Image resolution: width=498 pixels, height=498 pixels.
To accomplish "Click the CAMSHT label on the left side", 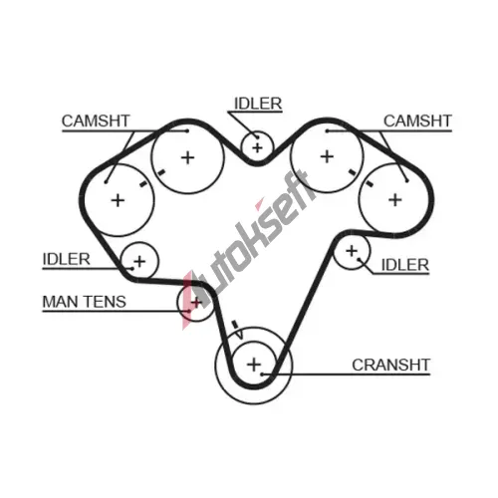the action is point(96,121).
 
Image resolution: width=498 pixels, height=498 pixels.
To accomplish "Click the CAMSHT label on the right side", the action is point(417,121).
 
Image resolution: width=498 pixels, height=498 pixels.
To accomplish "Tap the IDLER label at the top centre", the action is point(258,104).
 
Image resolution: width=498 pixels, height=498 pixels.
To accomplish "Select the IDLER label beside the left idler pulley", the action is point(67,259).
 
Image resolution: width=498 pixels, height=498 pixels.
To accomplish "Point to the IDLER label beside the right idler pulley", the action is point(405,265).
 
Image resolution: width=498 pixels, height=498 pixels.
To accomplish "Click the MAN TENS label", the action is point(85,302).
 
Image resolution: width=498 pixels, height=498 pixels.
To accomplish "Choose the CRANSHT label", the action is point(391,365).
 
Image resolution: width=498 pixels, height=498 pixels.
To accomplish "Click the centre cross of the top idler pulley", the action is point(257,147).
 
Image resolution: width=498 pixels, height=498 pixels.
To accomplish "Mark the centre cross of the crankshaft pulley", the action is point(254,365).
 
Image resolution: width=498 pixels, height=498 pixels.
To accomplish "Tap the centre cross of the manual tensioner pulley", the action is point(196,303).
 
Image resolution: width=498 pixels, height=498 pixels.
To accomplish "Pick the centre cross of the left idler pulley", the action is point(139,262).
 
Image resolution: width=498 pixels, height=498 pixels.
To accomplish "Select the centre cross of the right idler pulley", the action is point(352,251).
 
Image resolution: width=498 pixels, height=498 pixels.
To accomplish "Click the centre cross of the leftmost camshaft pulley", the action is point(118,200).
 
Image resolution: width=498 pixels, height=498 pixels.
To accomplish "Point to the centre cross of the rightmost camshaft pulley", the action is point(395,200).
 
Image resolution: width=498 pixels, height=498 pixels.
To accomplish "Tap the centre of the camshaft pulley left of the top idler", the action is point(188,157).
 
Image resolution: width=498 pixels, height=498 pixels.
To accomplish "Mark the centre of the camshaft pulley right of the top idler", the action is point(327,156).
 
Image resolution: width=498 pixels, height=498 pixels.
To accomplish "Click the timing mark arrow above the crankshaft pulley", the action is point(237,330).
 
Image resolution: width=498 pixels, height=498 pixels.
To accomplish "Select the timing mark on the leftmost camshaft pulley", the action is point(143,183).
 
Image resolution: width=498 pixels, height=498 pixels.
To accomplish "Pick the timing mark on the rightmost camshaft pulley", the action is point(369,183).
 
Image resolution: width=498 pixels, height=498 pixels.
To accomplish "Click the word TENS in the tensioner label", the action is point(105,302).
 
